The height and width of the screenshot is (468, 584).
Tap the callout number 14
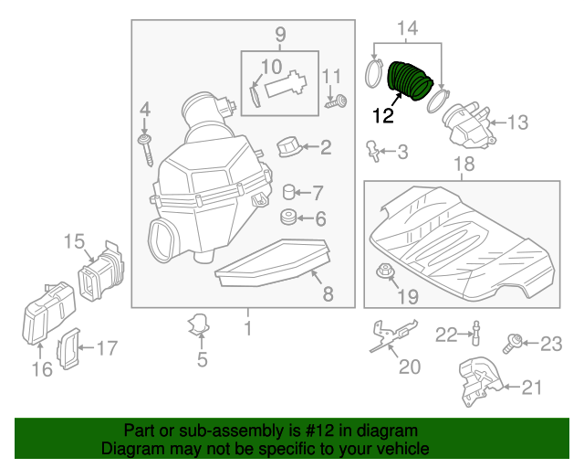click(407, 30)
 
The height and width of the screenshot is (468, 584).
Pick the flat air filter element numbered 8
click(270, 265)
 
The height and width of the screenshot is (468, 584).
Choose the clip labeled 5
click(200, 324)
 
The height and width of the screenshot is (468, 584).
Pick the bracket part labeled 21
click(476, 384)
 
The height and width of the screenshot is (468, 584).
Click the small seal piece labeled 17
click(68, 349)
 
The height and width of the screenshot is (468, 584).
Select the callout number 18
click(464, 164)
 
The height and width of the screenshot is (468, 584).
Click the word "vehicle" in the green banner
click(402, 450)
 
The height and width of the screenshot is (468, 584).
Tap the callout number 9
click(280, 36)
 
